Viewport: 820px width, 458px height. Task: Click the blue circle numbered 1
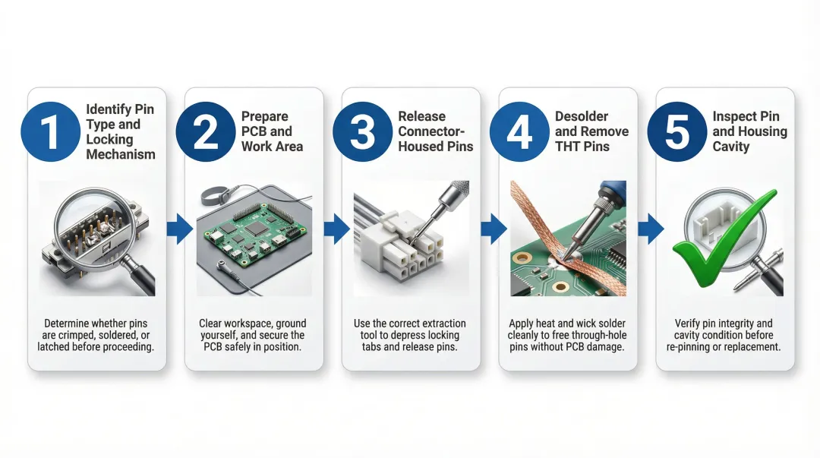tap(49, 131)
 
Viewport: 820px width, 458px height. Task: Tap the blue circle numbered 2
tap(206, 131)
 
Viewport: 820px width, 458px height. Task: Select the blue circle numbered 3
tap(362, 131)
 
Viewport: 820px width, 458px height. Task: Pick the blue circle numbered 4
tap(519, 131)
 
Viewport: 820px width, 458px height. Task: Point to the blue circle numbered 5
tap(676, 131)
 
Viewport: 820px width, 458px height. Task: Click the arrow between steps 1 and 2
tap(179, 229)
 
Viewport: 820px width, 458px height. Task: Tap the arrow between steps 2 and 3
tap(336, 229)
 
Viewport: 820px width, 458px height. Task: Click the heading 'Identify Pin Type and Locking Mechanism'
tap(120, 132)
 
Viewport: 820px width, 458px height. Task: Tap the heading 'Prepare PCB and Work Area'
tap(272, 131)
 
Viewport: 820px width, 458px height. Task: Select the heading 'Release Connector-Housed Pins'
tap(435, 131)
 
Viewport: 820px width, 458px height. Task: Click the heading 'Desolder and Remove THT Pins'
tap(591, 131)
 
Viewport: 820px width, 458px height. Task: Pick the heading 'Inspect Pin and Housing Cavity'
tap(749, 131)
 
